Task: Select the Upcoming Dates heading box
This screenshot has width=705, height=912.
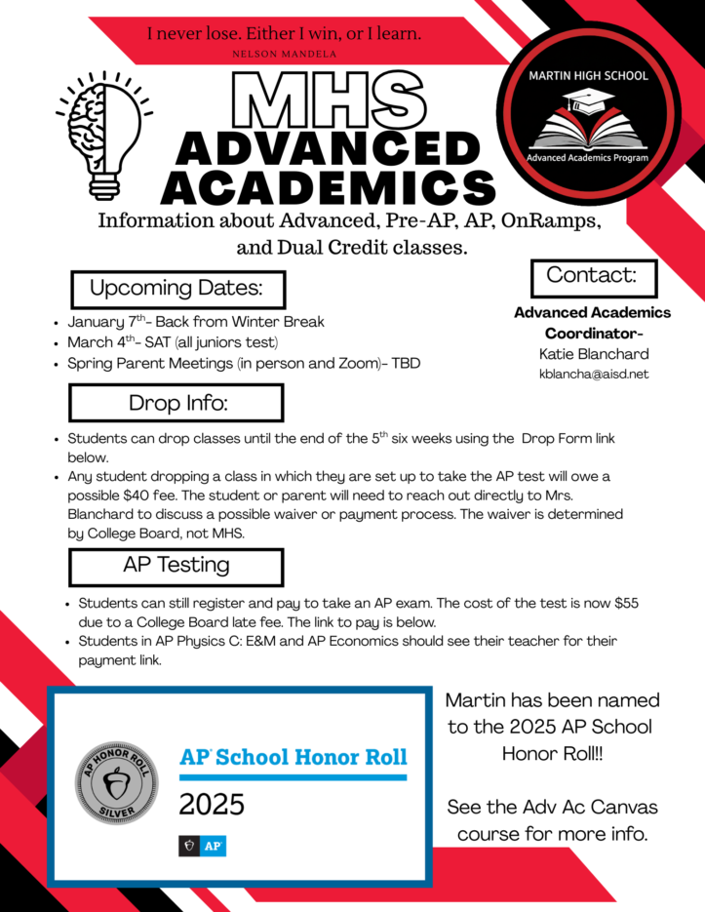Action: point(176,289)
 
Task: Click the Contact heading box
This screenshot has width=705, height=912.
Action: point(591,276)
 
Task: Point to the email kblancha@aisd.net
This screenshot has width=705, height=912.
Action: point(593,374)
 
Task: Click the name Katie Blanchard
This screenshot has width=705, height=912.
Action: point(593,353)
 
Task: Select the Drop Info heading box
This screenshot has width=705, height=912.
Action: point(176,403)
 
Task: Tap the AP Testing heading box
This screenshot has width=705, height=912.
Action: point(176,566)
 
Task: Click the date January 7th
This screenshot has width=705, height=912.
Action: point(106,322)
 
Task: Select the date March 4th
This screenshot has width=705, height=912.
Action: point(105,342)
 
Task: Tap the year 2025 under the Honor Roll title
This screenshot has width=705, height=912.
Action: point(212,806)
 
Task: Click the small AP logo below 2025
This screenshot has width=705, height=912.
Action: point(202,846)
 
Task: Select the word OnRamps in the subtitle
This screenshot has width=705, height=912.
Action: point(544,221)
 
